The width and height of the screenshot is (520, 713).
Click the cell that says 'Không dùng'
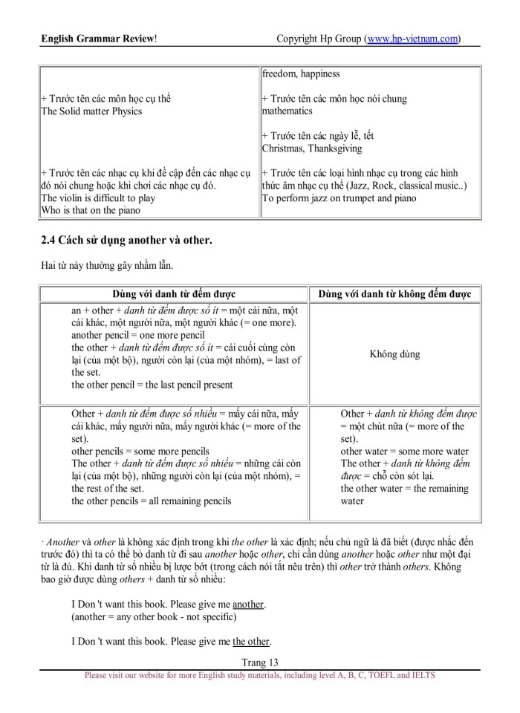394,354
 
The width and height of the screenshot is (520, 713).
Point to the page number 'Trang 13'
259,662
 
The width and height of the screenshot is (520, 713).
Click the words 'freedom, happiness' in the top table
300,74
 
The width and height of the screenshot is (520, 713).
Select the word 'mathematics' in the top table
287,111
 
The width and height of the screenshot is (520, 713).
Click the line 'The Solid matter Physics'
91,111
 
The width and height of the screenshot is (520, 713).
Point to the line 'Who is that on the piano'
90,210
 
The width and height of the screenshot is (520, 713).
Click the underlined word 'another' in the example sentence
248,604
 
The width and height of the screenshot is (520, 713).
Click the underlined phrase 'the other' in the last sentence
251,641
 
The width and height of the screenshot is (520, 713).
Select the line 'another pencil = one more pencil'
137,335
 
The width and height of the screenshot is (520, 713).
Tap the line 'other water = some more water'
404,451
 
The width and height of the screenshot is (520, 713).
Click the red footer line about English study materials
259,675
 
